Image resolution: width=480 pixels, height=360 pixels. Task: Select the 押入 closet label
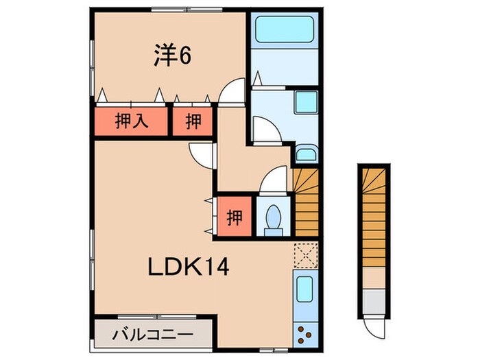coord(131,122)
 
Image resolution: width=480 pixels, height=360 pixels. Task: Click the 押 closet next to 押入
coord(193,122)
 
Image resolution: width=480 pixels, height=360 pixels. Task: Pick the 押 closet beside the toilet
coord(235,218)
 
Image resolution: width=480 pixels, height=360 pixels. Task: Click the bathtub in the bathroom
coord(284,30)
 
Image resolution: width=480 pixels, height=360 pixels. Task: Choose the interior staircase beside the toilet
coord(306,202)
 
